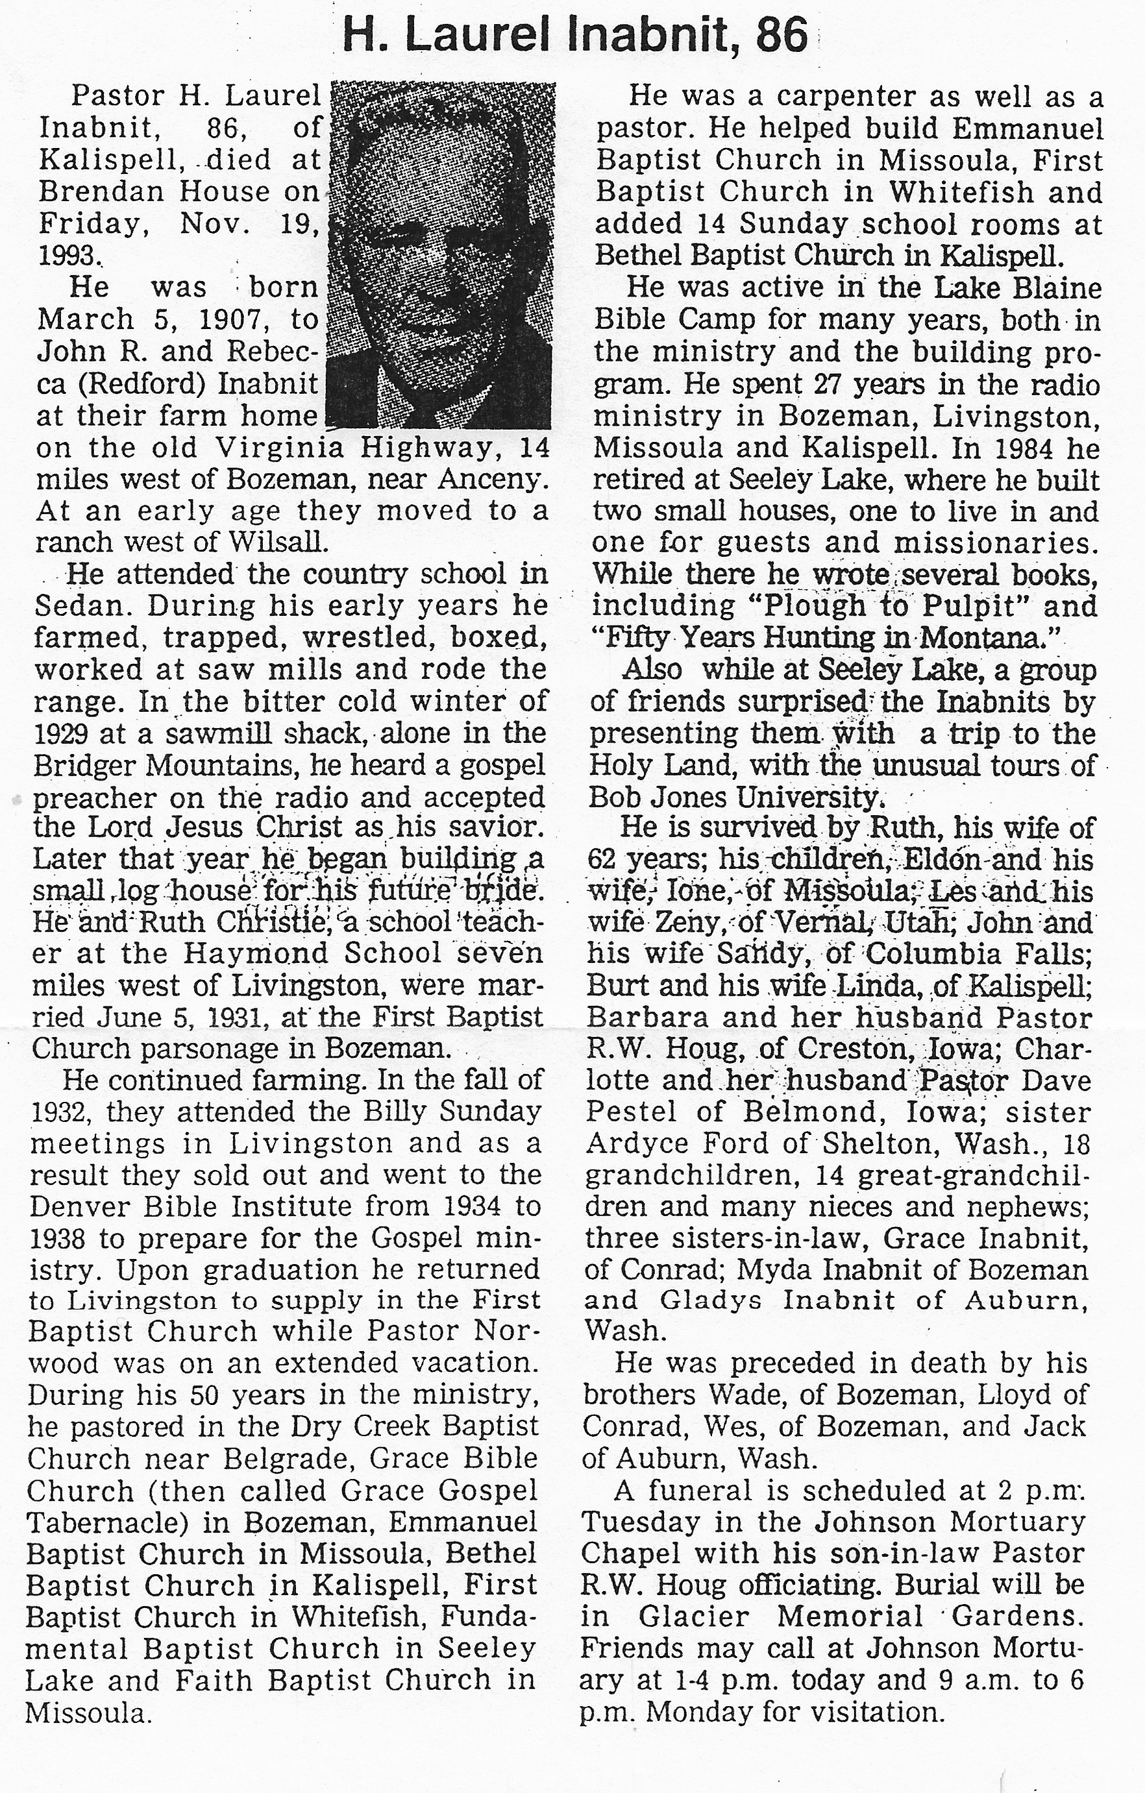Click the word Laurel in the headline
coord(480,36)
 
